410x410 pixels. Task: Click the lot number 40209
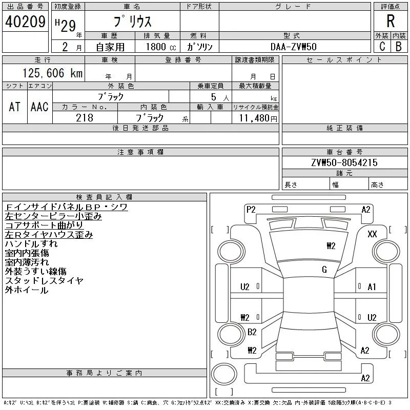pyautogui.click(x=25, y=22)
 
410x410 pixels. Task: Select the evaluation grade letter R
pyautogui.click(x=391, y=21)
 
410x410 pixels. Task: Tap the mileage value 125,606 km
pyautogui.click(x=53, y=73)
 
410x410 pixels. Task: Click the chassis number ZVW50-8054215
pyautogui.click(x=344, y=162)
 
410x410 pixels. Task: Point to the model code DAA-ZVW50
pyautogui.click(x=293, y=47)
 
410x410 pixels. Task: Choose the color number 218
pyautogui.click(x=85, y=118)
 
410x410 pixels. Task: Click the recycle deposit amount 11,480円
pyautogui.click(x=258, y=118)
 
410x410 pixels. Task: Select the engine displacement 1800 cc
pyautogui.click(x=161, y=47)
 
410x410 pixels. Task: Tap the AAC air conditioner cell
pyautogui.click(x=39, y=107)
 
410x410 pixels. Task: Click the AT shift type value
pyautogui.click(x=15, y=107)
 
